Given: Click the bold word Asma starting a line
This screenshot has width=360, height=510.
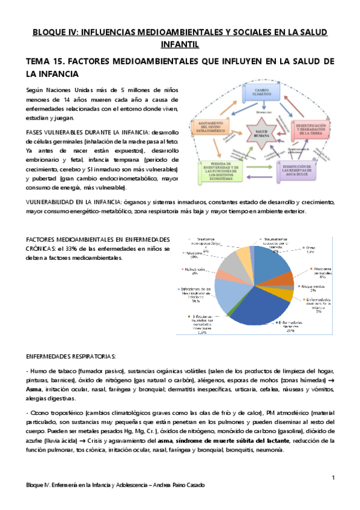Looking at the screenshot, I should tap(34, 389).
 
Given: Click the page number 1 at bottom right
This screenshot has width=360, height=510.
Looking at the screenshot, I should tap(332, 478).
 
